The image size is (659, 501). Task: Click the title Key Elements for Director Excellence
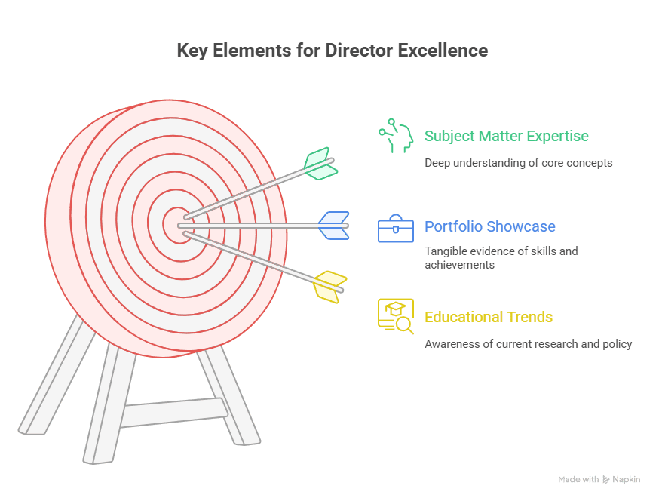332,51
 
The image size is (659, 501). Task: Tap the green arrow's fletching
320,163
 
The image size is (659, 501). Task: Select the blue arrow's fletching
333,225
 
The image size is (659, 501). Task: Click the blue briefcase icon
396,228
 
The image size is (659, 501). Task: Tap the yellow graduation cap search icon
396,316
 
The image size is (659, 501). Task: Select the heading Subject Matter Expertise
506,137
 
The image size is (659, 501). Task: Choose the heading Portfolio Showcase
489,226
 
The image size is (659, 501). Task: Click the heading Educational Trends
489,317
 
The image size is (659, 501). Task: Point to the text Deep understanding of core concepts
518,163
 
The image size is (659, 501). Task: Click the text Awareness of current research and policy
528,344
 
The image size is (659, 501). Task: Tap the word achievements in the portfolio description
460,265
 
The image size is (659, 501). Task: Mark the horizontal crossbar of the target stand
173,412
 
